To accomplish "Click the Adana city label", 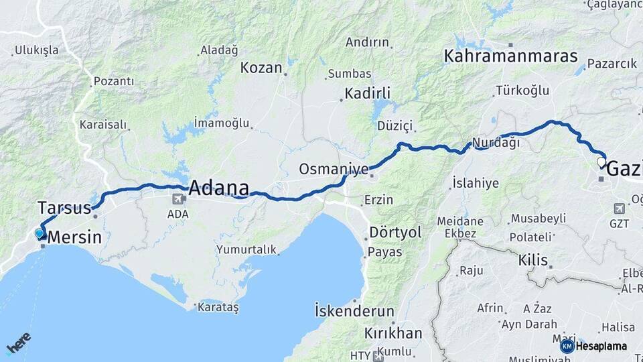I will point(218,188).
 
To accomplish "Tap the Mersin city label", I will point(74,237).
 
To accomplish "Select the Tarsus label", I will point(64,208).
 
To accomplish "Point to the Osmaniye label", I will point(333,169).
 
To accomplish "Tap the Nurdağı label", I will point(496,143).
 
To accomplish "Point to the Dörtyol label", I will point(396,233).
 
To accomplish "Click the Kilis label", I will point(532,260).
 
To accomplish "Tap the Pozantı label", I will point(113,81).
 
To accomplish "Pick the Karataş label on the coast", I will point(218,307).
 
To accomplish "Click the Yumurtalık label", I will point(246,249).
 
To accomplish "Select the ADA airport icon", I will point(179,198).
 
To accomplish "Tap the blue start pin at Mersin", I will point(40,233).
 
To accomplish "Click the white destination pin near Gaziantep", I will point(601,162).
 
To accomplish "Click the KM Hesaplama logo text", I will point(601,346).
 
